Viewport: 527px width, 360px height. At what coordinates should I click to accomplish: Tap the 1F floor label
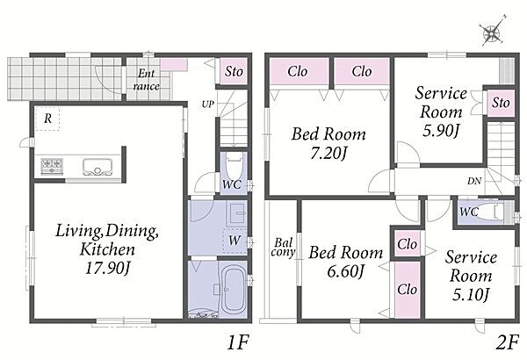click(238, 342)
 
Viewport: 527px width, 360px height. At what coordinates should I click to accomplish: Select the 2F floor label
click(507, 342)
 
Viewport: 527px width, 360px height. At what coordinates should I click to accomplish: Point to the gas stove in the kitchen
click(52, 166)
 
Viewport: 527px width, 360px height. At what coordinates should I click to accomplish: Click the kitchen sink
click(97, 167)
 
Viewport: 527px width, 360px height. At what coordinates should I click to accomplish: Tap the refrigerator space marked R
click(47, 119)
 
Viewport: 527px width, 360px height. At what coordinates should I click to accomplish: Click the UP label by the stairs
click(208, 104)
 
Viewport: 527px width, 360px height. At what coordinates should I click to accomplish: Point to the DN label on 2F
click(474, 181)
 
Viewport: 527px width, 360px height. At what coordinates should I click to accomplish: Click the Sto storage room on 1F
click(234, 71)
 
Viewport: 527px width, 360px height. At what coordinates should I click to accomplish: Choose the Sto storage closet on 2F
click(501, 103)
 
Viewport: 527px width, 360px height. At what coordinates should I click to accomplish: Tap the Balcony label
click(283, 247)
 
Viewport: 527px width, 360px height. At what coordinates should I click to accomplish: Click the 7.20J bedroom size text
click(328, 154)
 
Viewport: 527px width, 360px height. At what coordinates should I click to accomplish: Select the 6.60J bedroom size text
click(345, 271)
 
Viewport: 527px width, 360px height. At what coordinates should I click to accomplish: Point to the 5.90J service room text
click(441, 131)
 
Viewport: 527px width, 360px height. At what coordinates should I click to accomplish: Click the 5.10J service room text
click(471, 294)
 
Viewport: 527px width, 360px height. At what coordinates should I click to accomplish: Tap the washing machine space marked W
click(235, 240)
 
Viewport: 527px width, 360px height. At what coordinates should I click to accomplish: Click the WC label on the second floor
click(469, 212)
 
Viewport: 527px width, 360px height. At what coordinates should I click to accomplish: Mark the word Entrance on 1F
click(146, 80)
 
